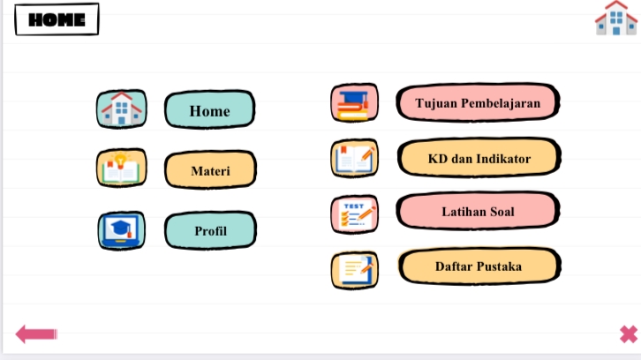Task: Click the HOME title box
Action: tap(57, 19)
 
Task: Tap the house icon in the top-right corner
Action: tap(615, 19)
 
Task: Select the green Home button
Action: tap(209, 110)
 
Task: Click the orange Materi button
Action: tap(210, 169)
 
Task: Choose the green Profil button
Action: tap(210, 230)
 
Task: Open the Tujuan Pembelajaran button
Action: tap(477, 103)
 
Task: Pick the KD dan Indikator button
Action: tap(479, 159)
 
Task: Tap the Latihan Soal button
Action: tap(478, 212)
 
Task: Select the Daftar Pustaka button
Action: tap(478, 266)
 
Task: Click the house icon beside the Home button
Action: tap(121, 109)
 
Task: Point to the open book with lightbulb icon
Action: tap(121, 169)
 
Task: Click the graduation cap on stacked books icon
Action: tap(354, 103)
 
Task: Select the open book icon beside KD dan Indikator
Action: tap(354, 159)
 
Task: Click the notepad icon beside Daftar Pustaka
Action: tap(354, 270)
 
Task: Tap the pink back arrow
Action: tap(36, 334)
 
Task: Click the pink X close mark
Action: tap(628, 334)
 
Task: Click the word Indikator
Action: tap(503, 159)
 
